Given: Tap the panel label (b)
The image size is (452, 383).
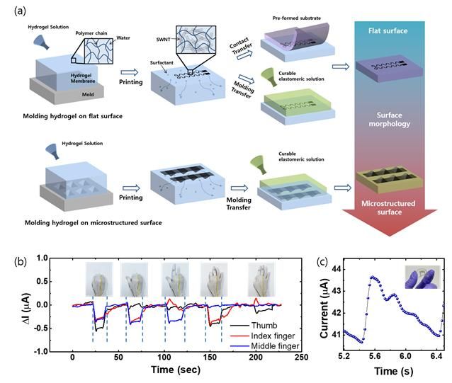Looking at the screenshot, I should [x=11, y=259].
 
